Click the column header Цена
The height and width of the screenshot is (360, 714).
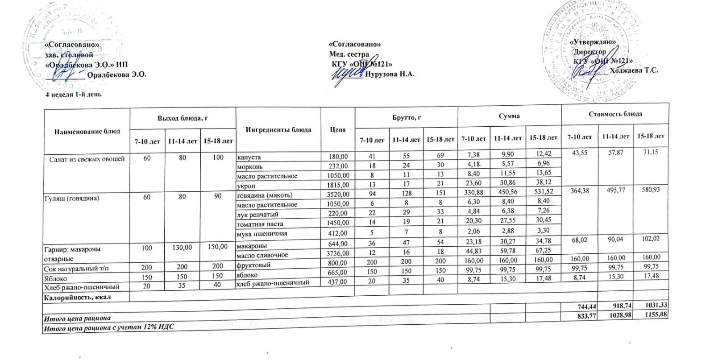coord(338,129)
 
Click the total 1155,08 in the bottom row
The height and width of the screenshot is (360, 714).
coord(656,315)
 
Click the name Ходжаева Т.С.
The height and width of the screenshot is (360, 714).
coord(633,70)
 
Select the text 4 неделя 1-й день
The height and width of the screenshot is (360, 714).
coord(74,95)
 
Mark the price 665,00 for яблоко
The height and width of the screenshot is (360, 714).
coord(338,272)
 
